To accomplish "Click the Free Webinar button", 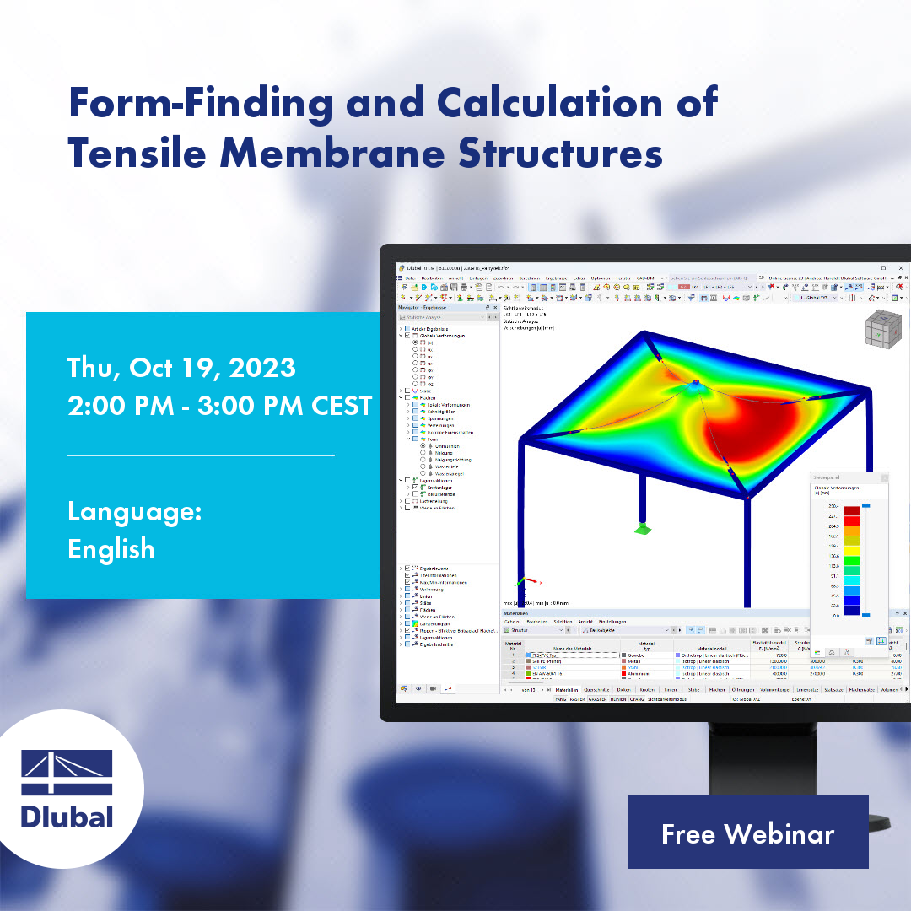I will (x=747, y=833).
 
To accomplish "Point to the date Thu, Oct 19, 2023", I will (x=181, y=368).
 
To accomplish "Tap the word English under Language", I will (x=111, y=549).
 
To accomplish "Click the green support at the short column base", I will (x=643, y=529).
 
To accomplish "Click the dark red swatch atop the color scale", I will (x=853, y=511).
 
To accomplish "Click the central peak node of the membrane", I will (x=694, y=384).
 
